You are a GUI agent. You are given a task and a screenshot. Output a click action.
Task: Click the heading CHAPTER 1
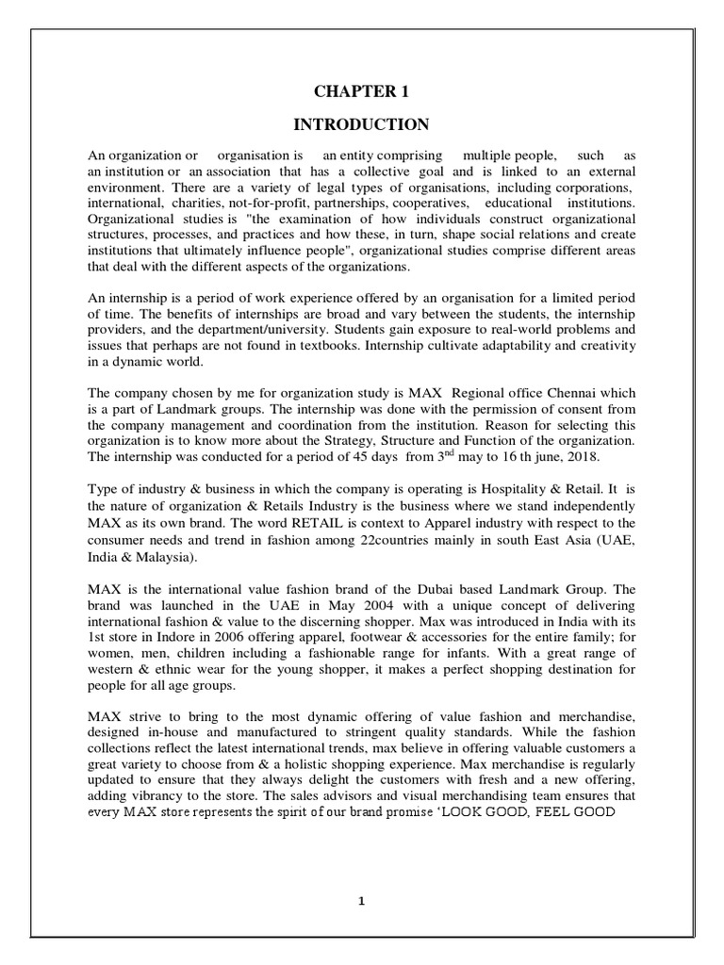tap(361, 90)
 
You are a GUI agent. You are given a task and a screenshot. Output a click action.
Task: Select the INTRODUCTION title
tap(361, 124)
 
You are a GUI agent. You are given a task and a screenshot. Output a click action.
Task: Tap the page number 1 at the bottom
tap(361, 901)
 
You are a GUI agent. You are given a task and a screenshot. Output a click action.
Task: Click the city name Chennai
tap(540, 392)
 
